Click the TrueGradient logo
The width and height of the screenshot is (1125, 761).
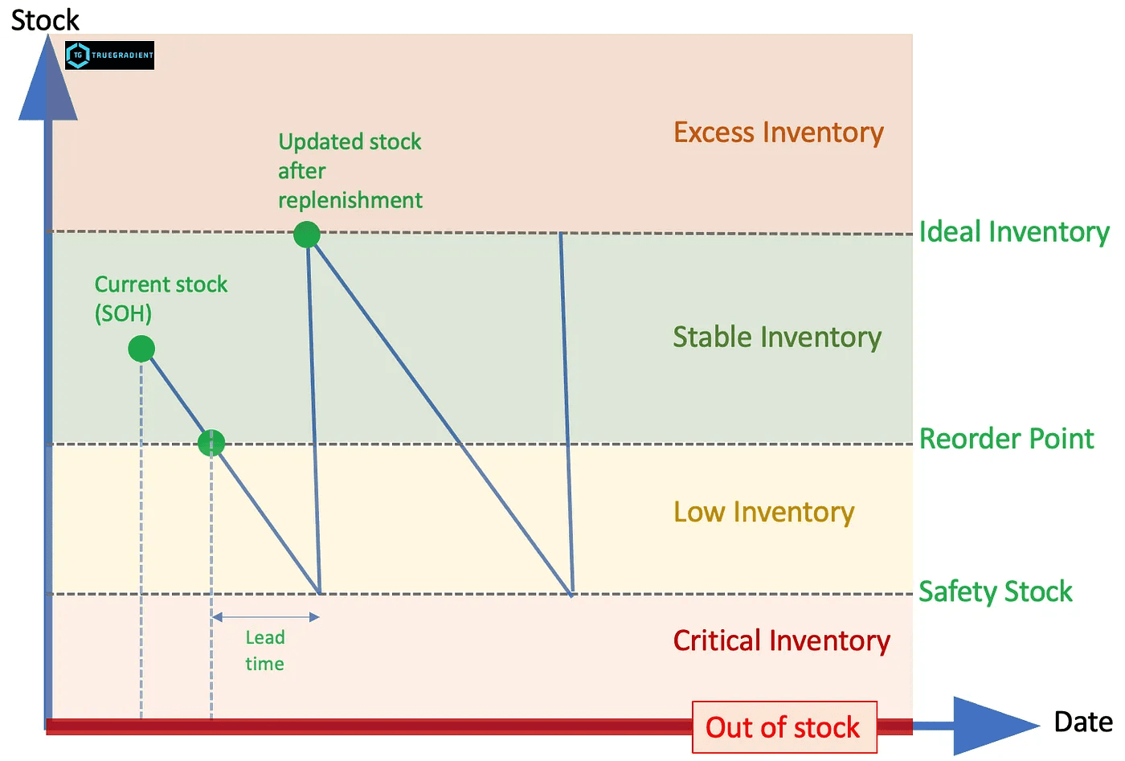pos(109,55)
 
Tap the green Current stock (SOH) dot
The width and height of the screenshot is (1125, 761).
pos(141,349)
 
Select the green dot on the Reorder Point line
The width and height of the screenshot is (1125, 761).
pos(211,443)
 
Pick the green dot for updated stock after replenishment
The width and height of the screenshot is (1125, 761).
pos(307,235)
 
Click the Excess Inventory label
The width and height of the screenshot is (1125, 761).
pos(778,133)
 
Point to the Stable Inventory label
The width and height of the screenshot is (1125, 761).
pos(777,338)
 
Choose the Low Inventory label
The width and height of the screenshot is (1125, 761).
pos(763,513)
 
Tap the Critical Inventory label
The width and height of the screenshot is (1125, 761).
pos(781,641)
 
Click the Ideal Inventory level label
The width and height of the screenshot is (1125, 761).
pos(1014,232)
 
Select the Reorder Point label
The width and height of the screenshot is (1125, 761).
pos(1006,439)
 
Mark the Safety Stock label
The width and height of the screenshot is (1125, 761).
pos(996,591)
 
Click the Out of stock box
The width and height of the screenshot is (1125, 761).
pos(783,727)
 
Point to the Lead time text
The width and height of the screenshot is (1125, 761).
pos(265,650)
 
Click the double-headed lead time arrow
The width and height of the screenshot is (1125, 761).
pos(266,617)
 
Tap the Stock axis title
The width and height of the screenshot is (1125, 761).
pos(45,19)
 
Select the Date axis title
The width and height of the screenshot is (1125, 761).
pos(1083,722)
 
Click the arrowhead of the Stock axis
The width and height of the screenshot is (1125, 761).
pos(48,80)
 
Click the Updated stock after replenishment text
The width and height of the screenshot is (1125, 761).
pos(350,171)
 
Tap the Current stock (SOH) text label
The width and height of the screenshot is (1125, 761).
pos(161,298)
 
